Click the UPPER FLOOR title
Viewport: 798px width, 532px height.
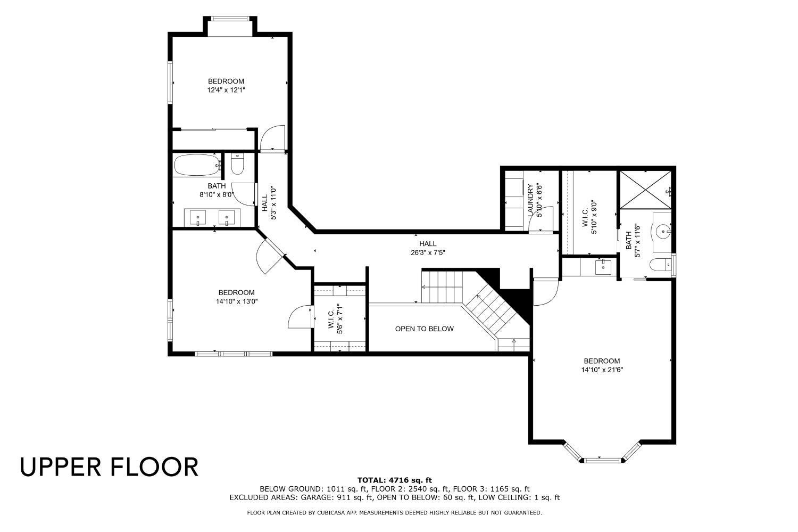pyautogui.click(x=109, y=466)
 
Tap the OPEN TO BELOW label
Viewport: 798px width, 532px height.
pyautogui.click(x=424, y=329)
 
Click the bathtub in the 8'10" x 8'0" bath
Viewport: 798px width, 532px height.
pyautogui.click(x=196, y=165)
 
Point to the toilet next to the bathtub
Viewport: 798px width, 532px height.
pyautogui.click(x=237, y=164)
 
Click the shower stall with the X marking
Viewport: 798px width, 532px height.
pyautogui.click(x=644, y=190)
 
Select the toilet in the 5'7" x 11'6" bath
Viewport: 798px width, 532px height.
pyautogui.click(x=662, y=265)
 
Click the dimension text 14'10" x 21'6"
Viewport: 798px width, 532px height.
pyautogui.click(x=602, y=369)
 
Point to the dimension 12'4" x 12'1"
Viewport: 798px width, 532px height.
pyautogui.click(x=226, y=90)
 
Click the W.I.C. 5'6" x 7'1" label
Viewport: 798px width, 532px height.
pyautogui.click(x=334, y=318)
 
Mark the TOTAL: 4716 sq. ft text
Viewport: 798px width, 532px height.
pyautogui.click(x=394, y=480)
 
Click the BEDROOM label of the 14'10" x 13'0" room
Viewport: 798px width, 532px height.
pyautogui.click(x=236, y=292)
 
